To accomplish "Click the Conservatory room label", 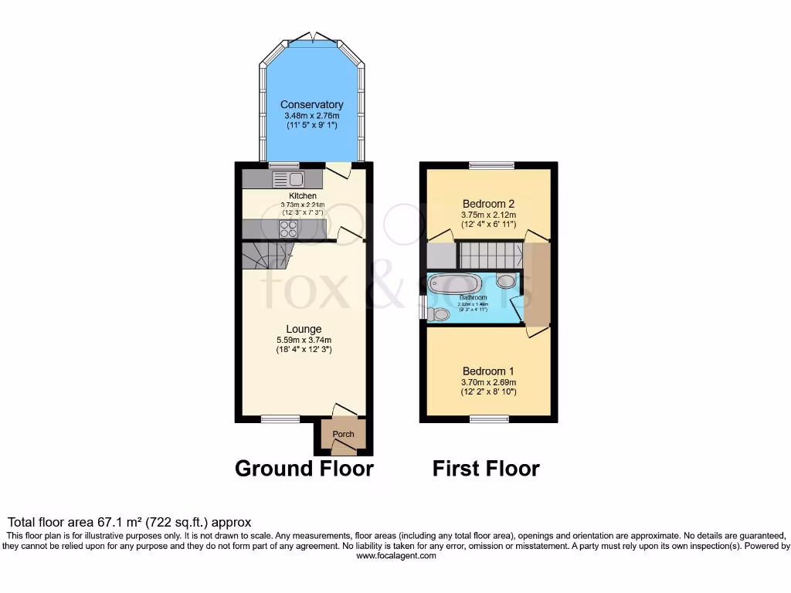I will point(311,105).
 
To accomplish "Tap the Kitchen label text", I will point(302,196).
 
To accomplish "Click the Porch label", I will point(343,434).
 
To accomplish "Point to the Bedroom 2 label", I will point(488,204).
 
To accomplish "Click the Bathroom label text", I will point(473,297).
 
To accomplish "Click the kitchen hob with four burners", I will point(289,229).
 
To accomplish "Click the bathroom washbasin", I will point(507,282).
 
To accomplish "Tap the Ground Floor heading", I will point(304,469).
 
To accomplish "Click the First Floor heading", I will point(486,469).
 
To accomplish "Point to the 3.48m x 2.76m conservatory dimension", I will point(311,116).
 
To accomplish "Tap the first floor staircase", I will point(488,254).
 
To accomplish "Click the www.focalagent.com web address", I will point(396,556).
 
